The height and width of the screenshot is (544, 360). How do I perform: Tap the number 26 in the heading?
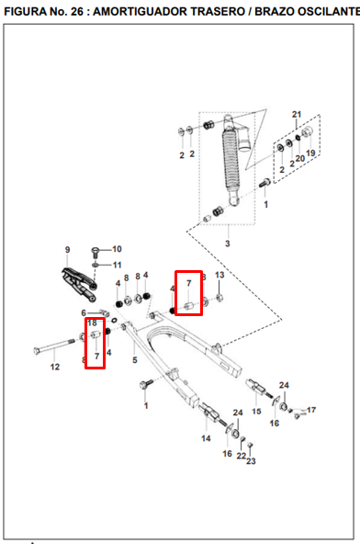(x=76, y=12)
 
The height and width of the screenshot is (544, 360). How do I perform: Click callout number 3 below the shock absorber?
(x=228, y=244)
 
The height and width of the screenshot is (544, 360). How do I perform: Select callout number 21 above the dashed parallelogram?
(x=297, y=115)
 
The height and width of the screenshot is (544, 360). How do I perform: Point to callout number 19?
(x=310, y=153)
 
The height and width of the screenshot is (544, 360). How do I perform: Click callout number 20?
(x=300, y=159)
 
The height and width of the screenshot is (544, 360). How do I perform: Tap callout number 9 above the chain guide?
(x=67, y=250)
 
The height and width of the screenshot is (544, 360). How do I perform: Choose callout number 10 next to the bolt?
(x=117, y=249)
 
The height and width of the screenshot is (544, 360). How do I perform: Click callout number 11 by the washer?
(x=118, y=265)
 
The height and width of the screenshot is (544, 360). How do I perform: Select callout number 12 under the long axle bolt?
(x=55, y=367)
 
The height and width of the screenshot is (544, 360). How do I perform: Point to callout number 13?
(x=219, y=275)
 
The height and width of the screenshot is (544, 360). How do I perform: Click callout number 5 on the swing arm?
(x=135, y=360)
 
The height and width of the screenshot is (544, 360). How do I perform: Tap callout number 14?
(x=206, y=438)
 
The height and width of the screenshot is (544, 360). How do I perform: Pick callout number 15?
(x=256, y=412)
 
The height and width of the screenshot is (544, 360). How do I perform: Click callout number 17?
(x=311, y=410)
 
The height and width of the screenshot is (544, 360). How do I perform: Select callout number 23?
(x=251, y=461)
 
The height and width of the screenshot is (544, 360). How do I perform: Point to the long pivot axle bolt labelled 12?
(x=54, y=346)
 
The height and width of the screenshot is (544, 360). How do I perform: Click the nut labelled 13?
(x=219, y=298)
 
